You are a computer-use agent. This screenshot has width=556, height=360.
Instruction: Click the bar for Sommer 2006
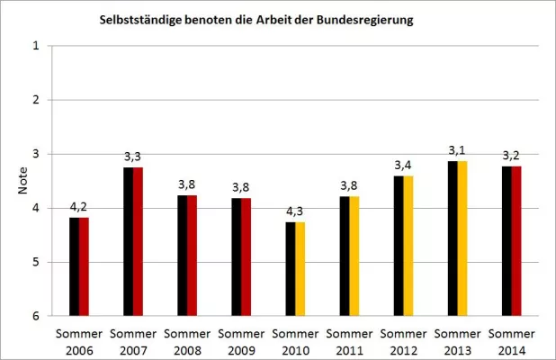point(79,266)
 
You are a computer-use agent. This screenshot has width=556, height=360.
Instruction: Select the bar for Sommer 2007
point(133,241)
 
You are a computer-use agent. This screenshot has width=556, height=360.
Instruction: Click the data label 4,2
point(79,207)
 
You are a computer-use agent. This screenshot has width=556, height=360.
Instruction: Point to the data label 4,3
point(295,211)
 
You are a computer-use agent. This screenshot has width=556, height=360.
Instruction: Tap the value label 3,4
point(403,166)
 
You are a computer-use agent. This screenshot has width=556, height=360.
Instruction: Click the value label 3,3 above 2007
point(133,157)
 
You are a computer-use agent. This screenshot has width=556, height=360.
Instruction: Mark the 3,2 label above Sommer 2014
point(511,156)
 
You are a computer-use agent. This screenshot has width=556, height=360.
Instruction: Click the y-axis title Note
point(22,181)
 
